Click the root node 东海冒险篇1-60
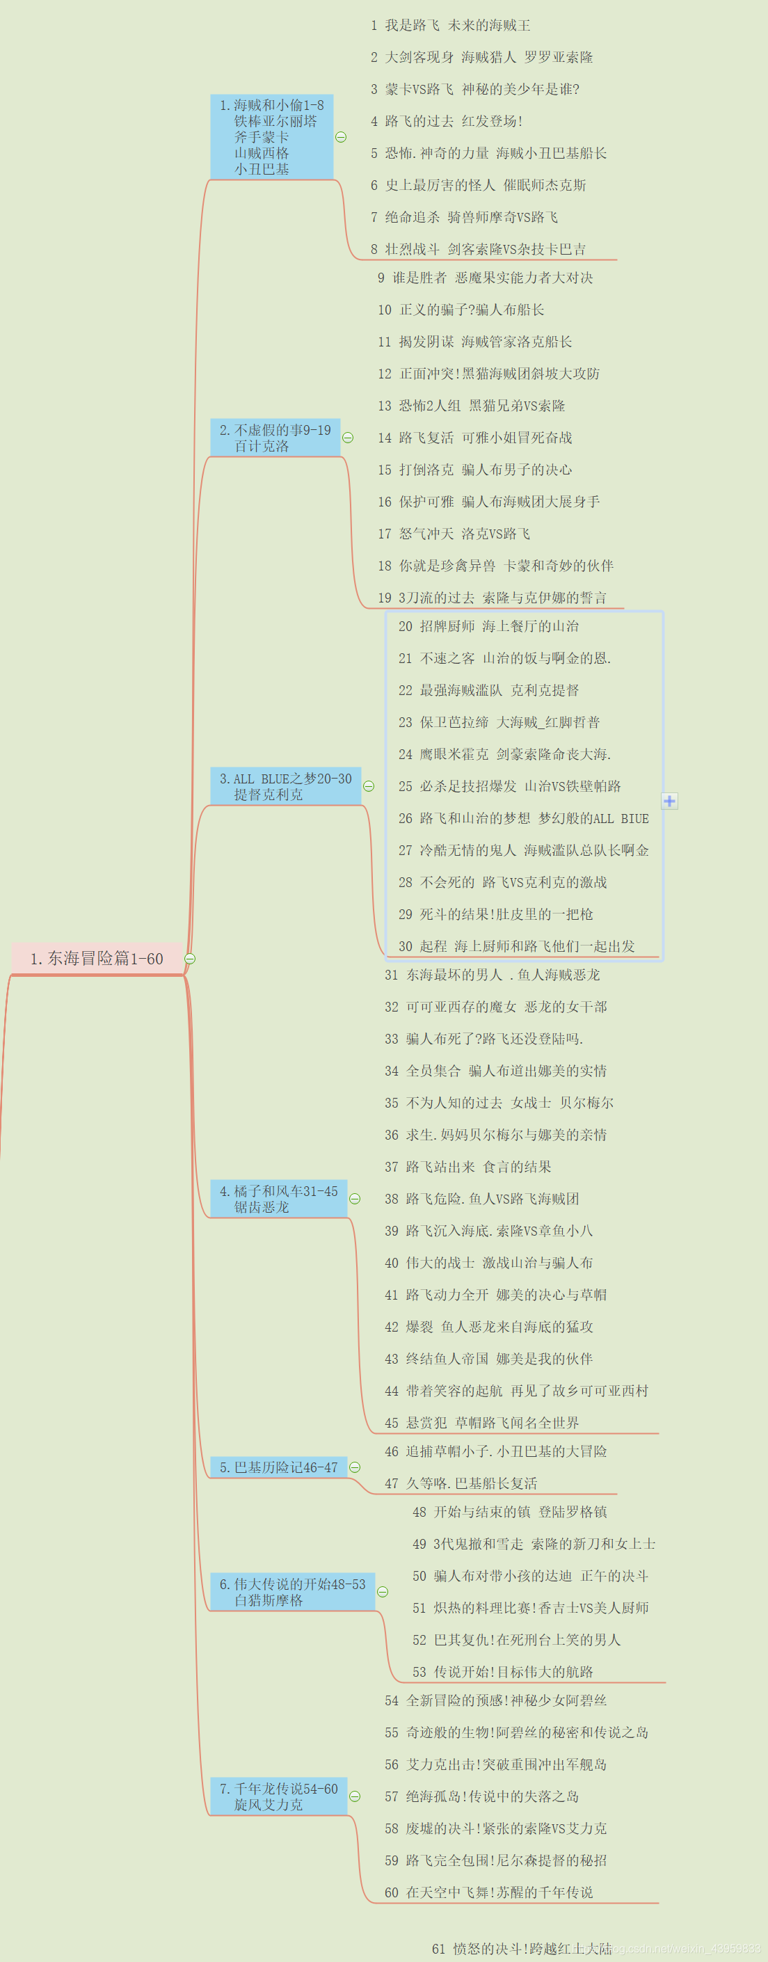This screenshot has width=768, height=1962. click(97, 958)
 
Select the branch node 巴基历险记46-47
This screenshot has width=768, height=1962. click(278, 1467)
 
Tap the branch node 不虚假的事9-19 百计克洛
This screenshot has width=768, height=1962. click(274, 438)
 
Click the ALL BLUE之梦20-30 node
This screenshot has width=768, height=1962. click(285, 786)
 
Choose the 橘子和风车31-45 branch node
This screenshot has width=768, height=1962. click(278, 1199)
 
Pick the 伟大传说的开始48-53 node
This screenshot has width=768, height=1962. click(291, 1592)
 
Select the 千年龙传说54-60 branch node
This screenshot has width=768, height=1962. click(278, 1796)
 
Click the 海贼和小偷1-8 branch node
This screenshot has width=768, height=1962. click(271, 137)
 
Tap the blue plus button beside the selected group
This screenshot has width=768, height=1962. click(669, 801)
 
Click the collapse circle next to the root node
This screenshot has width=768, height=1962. click(190, 959)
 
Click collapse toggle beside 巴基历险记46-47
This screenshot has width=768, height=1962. click(354, 1467)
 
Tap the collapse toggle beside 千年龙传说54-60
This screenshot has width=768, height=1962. click(354, 1796)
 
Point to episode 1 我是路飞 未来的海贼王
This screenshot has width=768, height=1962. click(450, 25)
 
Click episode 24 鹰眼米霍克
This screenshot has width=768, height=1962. click(504, 754)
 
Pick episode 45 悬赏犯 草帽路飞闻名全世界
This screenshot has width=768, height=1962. click(481, 1423)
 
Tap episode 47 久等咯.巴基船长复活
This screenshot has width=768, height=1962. click(461, 1483)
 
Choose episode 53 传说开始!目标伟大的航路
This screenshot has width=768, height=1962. click(503, 1672)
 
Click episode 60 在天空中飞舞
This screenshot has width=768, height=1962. click(488, 1892)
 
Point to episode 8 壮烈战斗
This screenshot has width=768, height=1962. click(478, 249)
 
